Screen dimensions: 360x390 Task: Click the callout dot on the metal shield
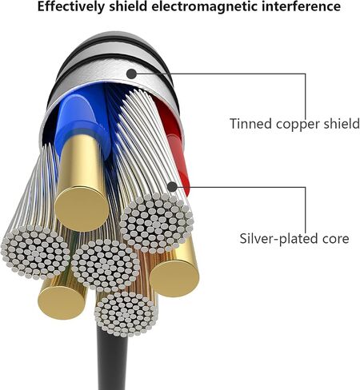click(131, 74)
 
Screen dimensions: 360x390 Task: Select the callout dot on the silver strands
click(173, 187)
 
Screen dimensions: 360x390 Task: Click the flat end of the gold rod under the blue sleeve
click(82, 209)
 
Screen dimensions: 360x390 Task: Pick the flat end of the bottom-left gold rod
click(62, 301)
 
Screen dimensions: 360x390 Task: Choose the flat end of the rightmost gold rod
click(174, 277)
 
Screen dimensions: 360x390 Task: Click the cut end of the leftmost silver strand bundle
click(35, 252)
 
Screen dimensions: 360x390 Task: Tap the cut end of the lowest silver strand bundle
click(126, 314)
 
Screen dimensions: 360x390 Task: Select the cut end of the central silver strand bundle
click(106, 265)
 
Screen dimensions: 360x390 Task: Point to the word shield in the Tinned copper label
click(342, 124)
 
